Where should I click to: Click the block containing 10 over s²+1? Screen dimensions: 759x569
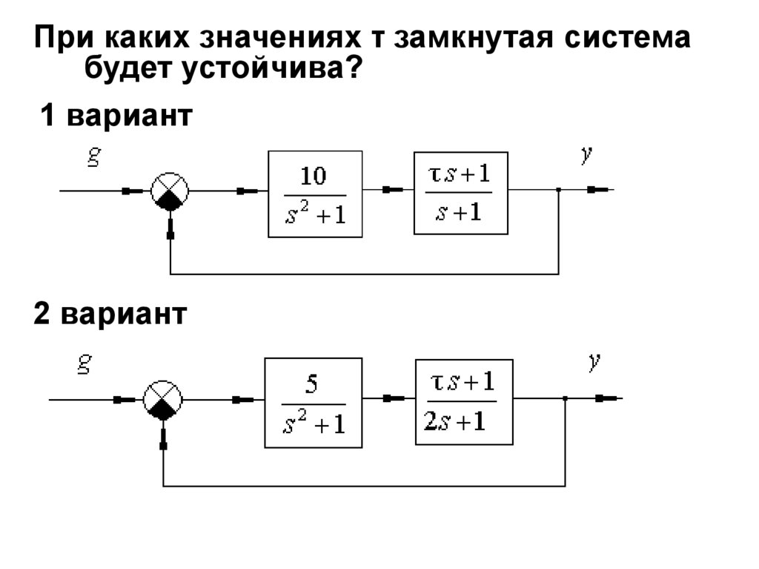tap(315, 194)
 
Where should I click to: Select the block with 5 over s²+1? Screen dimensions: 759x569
tap(314, 403)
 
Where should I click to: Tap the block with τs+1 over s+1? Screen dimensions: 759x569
tap(461, 193)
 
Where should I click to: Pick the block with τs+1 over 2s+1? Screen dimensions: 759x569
tap(464, 402)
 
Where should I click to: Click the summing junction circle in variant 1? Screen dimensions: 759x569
tap(170, 191)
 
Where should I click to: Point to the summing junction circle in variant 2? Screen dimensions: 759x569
tap(162, 400)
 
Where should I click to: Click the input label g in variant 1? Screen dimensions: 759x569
tap(94, 156)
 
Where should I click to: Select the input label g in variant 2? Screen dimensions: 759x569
tap(84, 364)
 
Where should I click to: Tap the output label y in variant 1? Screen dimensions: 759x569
tap(587, 154)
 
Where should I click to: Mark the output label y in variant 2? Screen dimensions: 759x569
tap(594, 361)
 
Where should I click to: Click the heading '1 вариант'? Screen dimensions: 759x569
tap(116, 115)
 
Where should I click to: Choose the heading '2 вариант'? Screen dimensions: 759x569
tap(110, 314)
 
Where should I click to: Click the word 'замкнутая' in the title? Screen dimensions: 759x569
tap(473, 38)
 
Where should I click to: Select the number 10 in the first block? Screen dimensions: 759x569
tap(314, 176)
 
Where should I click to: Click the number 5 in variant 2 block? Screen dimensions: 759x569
tap(312, 384)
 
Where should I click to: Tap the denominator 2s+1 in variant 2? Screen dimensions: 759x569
tap(454, 421)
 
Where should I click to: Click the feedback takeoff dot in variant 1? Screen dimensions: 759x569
tap(559, 190)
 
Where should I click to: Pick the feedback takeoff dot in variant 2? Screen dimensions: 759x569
tap(565, 399)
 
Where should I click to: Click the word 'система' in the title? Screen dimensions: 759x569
tap(627, 38)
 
